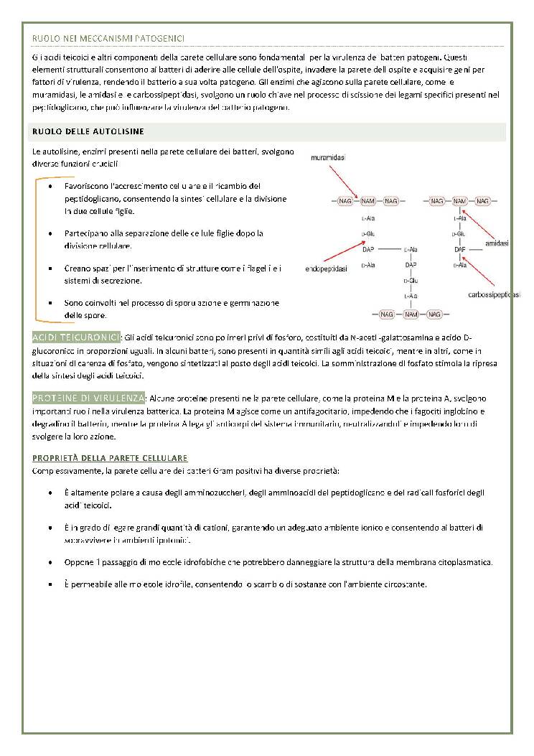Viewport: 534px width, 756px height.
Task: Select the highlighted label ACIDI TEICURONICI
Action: point(76,337)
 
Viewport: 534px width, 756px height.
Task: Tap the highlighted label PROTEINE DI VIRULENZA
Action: point(88,398)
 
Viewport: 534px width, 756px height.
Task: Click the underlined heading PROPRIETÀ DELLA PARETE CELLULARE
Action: point(110,457)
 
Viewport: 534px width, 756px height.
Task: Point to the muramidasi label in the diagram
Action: point(327,157)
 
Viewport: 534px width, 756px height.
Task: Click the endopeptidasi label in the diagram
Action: point(326,269)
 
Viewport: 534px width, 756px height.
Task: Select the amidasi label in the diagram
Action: point(497,243)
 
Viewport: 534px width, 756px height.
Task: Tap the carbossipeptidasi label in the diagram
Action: point(495,295)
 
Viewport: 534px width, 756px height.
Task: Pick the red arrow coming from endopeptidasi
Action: point(342,251)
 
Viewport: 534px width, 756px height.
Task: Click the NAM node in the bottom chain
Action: point(411,314)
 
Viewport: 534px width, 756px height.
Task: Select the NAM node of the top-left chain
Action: point(368,201)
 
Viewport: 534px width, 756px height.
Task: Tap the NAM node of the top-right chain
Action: point(460,201)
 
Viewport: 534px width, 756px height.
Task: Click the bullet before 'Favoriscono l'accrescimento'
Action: point(50,187)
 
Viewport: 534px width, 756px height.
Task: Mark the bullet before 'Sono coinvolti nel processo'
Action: point(50,303)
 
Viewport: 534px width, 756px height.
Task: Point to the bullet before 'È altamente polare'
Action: point(50,493)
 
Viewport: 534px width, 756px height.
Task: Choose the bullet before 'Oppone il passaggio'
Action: point(50,562)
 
